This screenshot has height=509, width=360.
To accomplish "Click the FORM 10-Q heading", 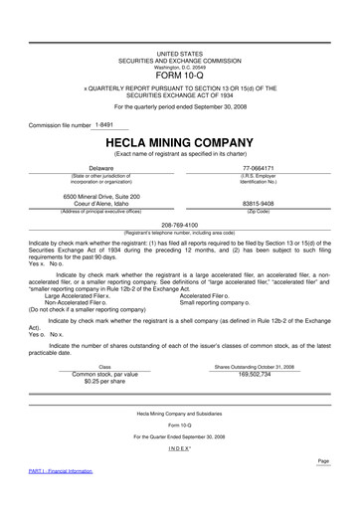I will (180, 74).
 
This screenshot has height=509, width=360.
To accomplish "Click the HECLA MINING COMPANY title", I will (179, 142).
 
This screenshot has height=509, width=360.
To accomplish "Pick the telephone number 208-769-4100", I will (180, 226).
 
